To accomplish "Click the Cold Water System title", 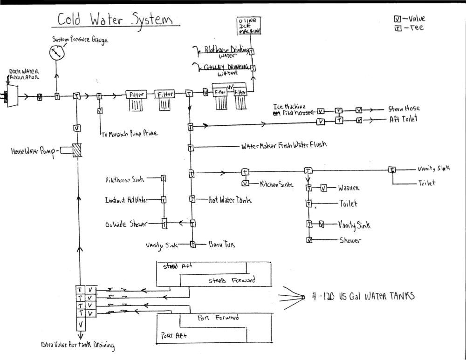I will [x=115, y=20].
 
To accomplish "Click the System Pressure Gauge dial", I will [x=57, y=53].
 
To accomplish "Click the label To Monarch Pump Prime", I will [x=129, y=133].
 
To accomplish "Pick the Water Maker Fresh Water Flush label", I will [x=283, y=145].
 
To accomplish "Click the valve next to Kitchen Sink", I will [x=245, y=183].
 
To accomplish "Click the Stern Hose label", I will [x=404, y=109].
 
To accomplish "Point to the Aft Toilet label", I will [x=403, y=119].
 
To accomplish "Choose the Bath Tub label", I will [x=221, y=245].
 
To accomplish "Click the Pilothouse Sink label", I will [x=125, y=179].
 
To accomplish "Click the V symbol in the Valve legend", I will [x=397, y=19].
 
